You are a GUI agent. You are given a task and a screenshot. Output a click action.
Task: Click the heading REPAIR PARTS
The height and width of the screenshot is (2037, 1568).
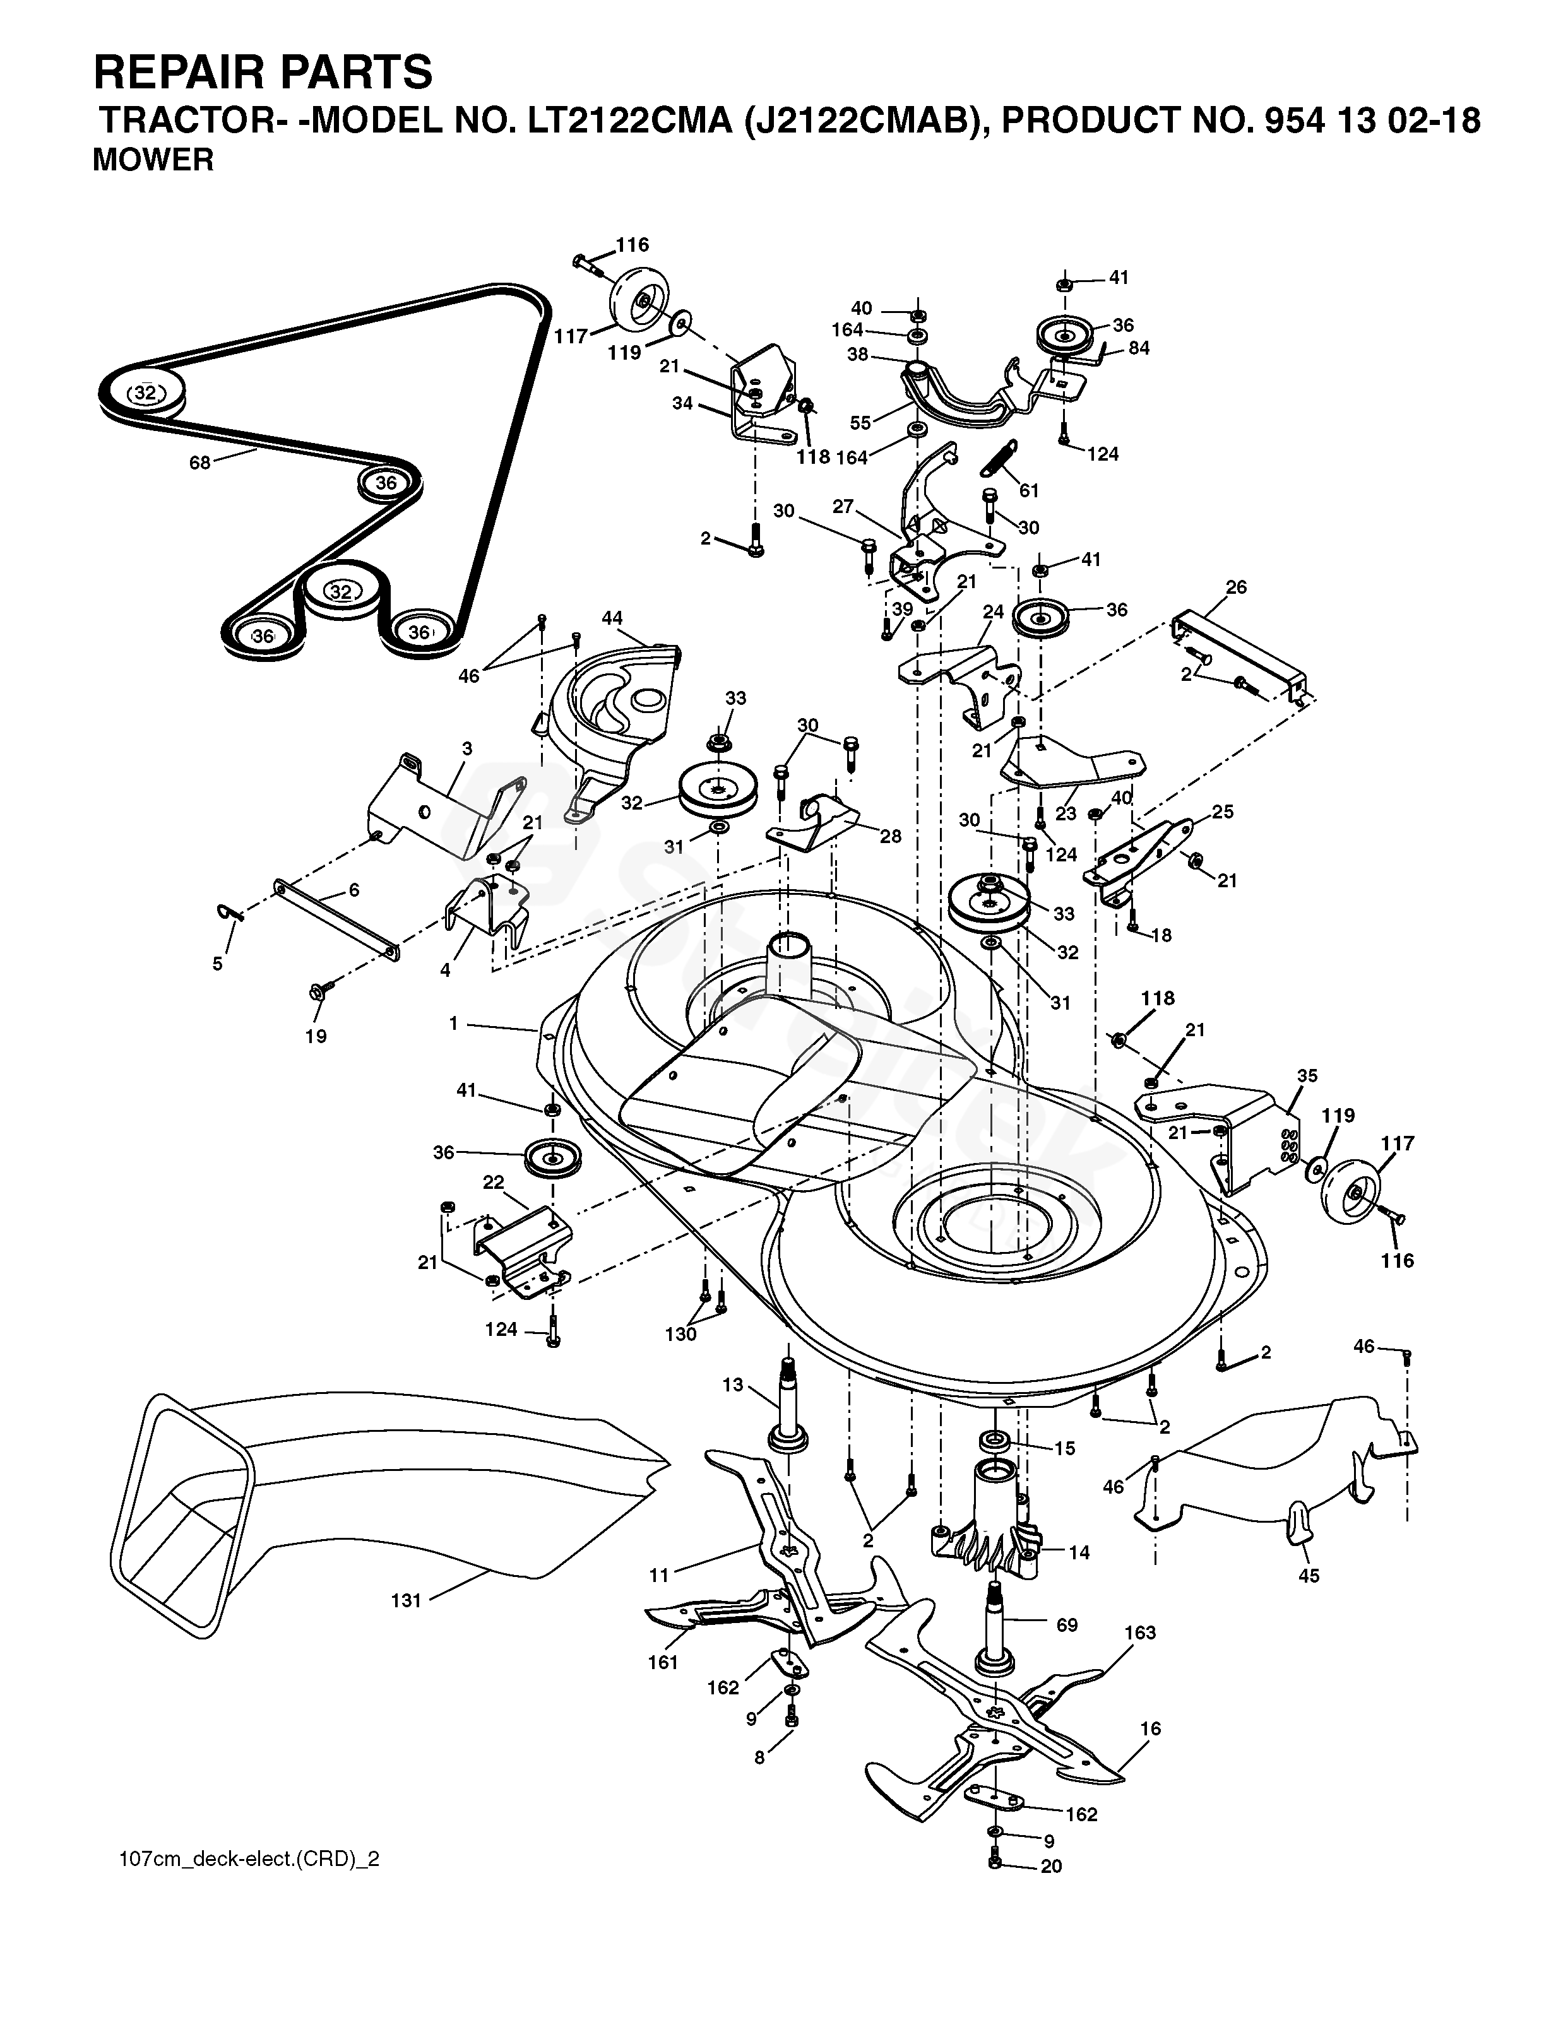(263, 72)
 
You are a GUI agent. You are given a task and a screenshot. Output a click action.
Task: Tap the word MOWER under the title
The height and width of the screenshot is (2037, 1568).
(153, 160)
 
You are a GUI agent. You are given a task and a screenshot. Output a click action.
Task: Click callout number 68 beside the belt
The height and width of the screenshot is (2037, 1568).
(199, 462)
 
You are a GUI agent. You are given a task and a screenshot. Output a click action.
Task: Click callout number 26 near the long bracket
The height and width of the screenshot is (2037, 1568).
(1237, 587)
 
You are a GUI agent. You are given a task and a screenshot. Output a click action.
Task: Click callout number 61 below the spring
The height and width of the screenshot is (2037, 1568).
(1029, 490)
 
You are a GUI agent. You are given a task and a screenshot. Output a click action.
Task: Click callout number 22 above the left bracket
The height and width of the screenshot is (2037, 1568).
(494, 1182)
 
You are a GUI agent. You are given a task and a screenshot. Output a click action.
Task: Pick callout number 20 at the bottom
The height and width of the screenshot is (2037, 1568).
(1051, 1867)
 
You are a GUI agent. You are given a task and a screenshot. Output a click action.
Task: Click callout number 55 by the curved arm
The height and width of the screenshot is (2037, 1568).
(860, 423)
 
